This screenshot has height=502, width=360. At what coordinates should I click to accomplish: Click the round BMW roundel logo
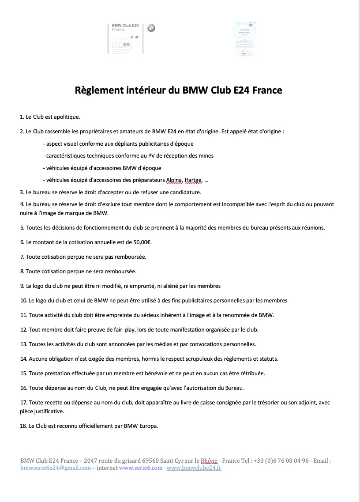pyautogui.click(x=151, y=28)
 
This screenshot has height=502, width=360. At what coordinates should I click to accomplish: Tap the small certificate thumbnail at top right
pyautogui.click(x=245, y=39)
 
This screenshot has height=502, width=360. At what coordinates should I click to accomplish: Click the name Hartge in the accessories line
pyautogui.click(x=194, y=180)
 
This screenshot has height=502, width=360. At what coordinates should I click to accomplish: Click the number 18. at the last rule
pyautogui.click(x=24, y=426)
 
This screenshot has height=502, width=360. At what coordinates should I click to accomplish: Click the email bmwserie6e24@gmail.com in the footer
pyautogui.click(x=56, y=468)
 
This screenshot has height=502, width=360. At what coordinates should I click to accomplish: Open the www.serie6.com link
pyautogui.click(x=141, y=468)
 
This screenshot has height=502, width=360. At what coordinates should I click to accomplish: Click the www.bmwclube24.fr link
pyautogui.click(x=194, y=468)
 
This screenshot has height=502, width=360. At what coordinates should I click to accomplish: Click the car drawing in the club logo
pyautogui.click(x=121, y=45)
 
